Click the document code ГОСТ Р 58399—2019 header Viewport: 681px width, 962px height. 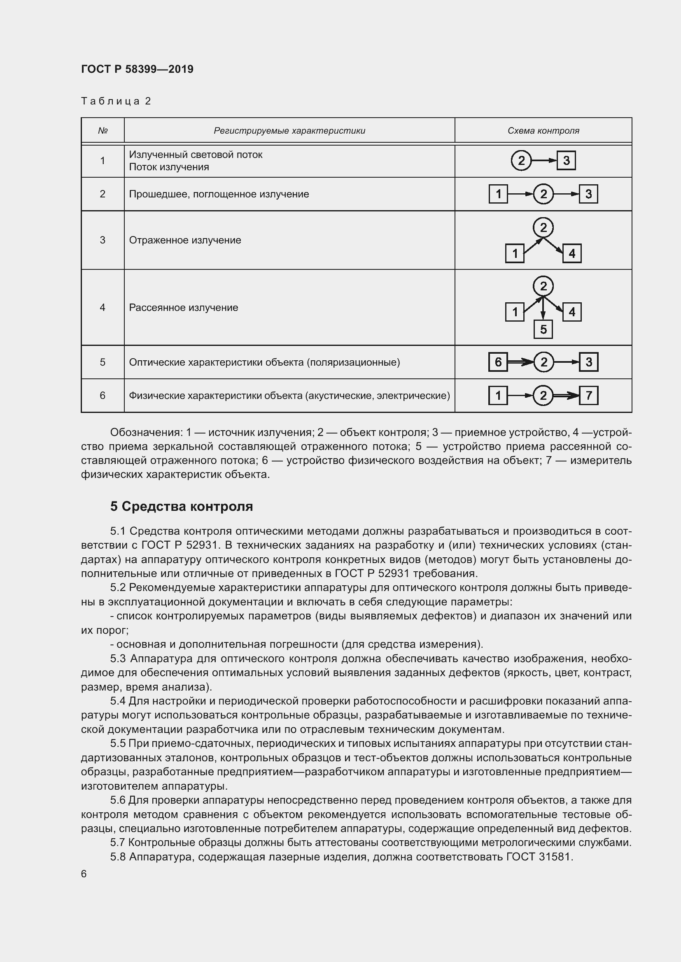pyautogui.click(x=137, y=69)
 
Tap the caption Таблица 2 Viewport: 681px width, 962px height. pyautogui.click(x=116, y=101)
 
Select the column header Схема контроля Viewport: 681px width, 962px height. pyautogui.click(x=543, y=131)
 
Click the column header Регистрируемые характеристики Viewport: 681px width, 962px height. pyautogui.click(x=289, y=131)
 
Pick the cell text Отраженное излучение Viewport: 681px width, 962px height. pyautogui.click(x=185, y=240)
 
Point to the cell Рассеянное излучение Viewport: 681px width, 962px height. pyautogui.click(x=183, y=308)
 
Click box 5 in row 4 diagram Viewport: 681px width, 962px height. pyautogui.click(x=543, y=329)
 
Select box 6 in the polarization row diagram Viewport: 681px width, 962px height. pyautogui.click(x=498, y=362)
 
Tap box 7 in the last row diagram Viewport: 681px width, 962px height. pyautogui.click(x=588, y=396)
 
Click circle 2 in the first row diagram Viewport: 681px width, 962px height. pyautogui.click(x=521, y=160)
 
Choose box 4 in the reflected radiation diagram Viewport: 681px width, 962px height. pyautogui.click(x=571, y=253)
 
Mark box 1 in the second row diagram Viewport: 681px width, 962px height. pyautogui.click(x=498, y=195)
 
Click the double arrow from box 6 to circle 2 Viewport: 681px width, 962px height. pyautogui.click(x=520, y=362)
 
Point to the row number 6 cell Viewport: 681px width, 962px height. pyautogui.click(x=103, y=396)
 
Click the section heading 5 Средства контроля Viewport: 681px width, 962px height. pyautogui.click(x=181, y=507)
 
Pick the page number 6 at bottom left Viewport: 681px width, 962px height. pyautogui.click(x=84, y=874)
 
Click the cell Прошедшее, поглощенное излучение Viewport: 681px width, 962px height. pyautogui.click(x=219, y=195)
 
